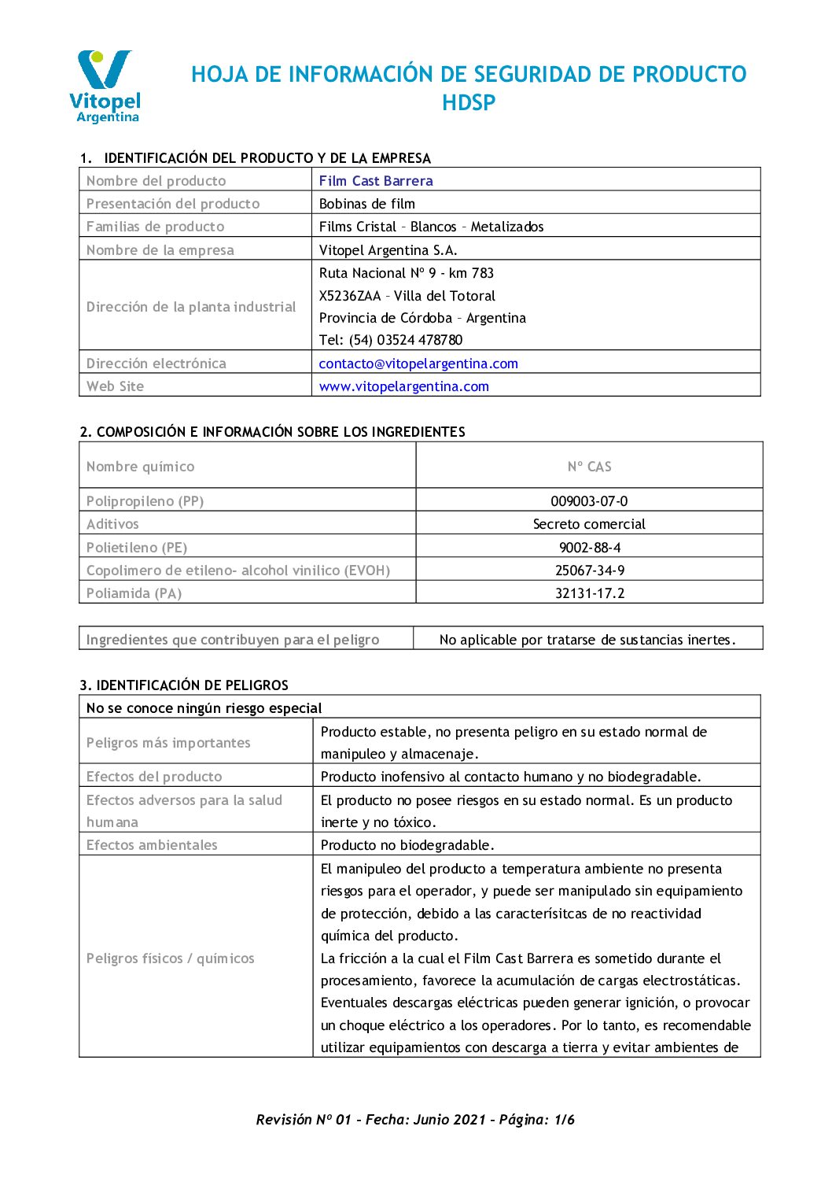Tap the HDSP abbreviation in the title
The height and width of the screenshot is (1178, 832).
(x=469, y=103)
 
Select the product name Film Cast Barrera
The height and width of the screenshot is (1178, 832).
(x=376, y=181)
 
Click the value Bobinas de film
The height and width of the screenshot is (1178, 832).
(x=367, y=204)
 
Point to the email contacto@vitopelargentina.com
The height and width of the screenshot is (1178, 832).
(x=418, y=364)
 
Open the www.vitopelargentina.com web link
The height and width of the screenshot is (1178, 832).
(x=404, y=386)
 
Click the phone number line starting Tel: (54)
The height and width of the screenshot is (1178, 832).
(x=391, y=340)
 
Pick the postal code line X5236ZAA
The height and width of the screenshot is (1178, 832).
(x=407, y=296)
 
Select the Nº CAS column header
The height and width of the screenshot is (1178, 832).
(x=589, y=467)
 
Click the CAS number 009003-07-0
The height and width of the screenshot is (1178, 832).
(x=589, y=501)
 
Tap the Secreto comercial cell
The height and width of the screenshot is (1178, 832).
(x=589, y=524)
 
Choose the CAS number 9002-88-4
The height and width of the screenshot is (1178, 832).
(x=589, y=548)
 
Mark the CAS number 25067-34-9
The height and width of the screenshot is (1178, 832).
(x=589, y=571)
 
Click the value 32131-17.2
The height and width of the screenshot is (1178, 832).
(x=589, y=593)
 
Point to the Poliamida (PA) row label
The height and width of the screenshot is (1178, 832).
(x=134, y=593)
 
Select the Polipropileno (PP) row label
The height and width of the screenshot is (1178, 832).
(x=145, y=501)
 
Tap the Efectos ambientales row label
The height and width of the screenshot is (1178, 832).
(x=152, y=845)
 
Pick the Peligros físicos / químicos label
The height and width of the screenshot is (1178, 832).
(x=171, y=958)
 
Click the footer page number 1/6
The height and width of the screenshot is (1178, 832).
(x=565, y=1120)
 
